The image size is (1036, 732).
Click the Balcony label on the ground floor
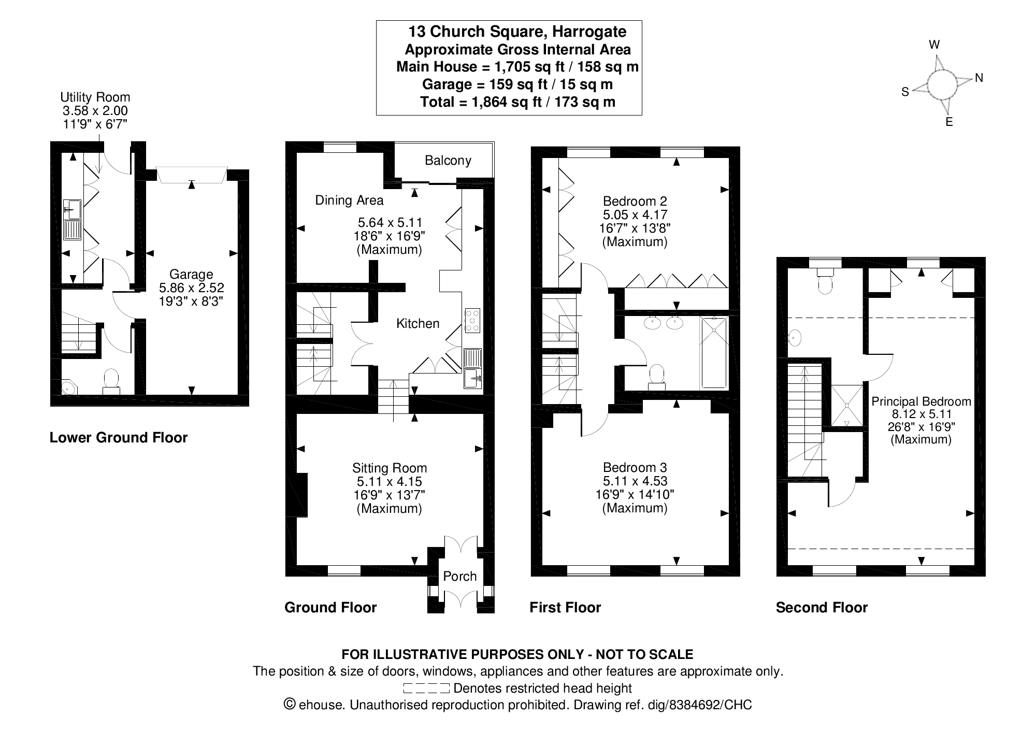click(x=448, y=161)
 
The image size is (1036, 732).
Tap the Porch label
click(x=459, y=577)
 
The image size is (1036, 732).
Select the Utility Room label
click(x=95, y=97)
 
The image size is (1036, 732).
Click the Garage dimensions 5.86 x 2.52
click(x=191, y=288)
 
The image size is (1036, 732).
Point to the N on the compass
click(x=979, y=78)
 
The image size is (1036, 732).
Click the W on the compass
click(x=934, y=45)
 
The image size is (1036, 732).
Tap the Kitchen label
click(x=418, y=324)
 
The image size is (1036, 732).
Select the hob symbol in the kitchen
click(x=472, y=321)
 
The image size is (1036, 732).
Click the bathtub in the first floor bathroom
click(x=714, y=352)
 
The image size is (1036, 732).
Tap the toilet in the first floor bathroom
click(x=657, y=376)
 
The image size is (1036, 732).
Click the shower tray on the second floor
click(x=847, y=405)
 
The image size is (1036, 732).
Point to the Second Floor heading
click(x=822, y=608)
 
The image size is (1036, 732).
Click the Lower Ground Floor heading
click(x=119, y=438)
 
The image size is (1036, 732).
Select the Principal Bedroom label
click(x=921, y=401)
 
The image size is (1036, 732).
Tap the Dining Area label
click(x=349, y=200)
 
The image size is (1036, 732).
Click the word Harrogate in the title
click(x=589, y=32)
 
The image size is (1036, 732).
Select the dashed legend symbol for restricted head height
click(x=426, y=688)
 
